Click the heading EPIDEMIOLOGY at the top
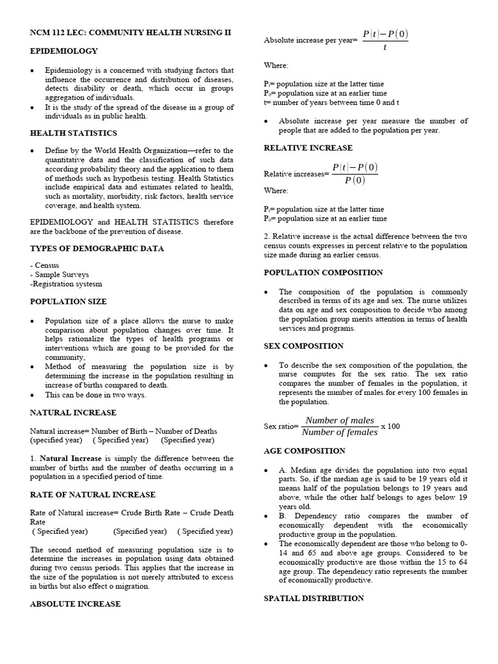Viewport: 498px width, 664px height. [x=64, y=51]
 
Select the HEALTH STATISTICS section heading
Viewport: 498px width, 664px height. [x=73, y=133]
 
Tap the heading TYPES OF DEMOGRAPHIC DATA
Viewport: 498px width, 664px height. [x=97, y=248]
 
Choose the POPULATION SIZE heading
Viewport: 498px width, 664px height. [x=69, y=302]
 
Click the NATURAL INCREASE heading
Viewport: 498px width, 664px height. [x=73, y=412]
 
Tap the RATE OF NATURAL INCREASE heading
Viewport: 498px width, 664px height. [x=93, y=495]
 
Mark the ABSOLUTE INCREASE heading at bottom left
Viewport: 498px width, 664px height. [x=75, y=604]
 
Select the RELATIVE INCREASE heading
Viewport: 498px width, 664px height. [x=307, y=148]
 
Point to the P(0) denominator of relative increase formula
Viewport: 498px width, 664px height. [x=355, y=180]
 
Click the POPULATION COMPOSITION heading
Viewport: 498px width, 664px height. [x=323, y=272]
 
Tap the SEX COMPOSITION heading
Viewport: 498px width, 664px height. [x=303, y=346]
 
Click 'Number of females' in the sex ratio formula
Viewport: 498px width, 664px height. [x=340, y=433]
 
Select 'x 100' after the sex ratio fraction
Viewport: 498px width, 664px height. [x=390, y=426]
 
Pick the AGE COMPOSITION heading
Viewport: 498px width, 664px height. [x=304, y=451]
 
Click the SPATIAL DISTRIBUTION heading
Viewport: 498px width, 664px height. [x=314, y=599]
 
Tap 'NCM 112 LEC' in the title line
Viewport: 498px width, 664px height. [x=56, y=32]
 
